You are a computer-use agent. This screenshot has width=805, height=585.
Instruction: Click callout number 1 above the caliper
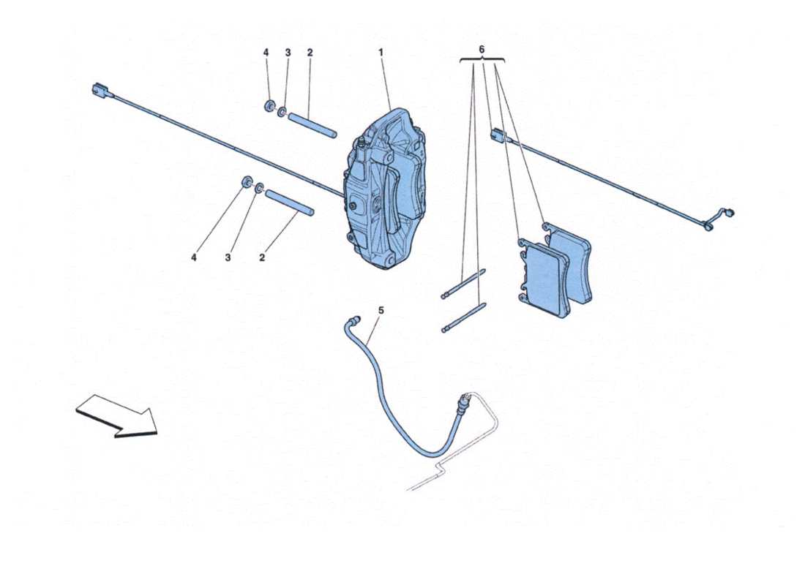coord(381,53)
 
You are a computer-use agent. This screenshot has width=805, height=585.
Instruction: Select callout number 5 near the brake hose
coord(381,310)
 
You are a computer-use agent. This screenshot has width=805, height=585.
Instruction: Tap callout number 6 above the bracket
coord(482,48)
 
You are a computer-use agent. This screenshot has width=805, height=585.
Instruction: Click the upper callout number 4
coord(266,53)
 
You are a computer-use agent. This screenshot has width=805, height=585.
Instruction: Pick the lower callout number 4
coord(194,257)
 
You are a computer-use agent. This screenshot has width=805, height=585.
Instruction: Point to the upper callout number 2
coord(310,53)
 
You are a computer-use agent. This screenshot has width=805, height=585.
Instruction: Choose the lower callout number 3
coord(228,257)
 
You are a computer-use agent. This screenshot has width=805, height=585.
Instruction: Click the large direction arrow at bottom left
coord(117,415)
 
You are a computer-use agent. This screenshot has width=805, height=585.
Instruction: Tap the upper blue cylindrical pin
coord(311,125)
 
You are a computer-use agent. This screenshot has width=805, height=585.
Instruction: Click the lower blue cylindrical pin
coord(290,203)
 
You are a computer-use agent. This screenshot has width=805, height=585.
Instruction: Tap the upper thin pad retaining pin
coord(464,285)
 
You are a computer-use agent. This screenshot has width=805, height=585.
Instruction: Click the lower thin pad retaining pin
coord(464,320)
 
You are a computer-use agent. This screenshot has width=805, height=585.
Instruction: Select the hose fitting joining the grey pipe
coord(461,404)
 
